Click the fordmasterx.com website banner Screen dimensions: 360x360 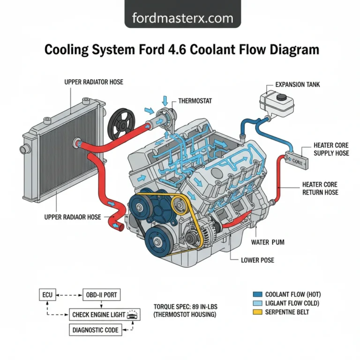click(182, 18)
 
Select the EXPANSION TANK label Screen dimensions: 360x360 click(298, 85)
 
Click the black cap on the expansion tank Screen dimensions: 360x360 click(283, 97)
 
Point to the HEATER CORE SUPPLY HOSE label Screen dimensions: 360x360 click(331, 149)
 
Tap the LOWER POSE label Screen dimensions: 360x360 click(257, 260)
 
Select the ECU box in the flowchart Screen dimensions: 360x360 click(46, 295)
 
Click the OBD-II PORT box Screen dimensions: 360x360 click(101, 295)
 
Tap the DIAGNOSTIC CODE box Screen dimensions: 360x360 click(96, 330)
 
